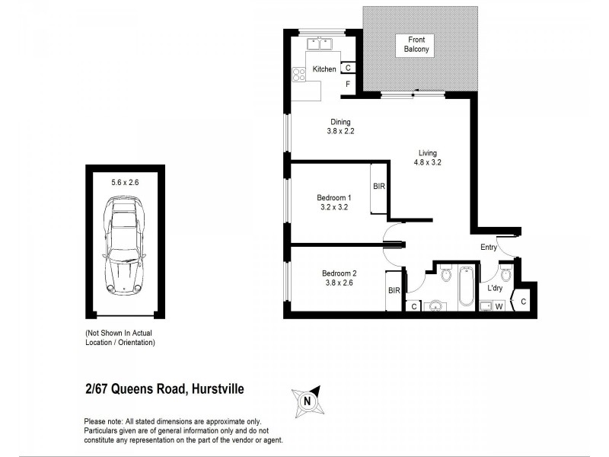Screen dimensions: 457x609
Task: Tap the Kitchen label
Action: pos(324,70)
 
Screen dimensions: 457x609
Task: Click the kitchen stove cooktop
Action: pos(298,74)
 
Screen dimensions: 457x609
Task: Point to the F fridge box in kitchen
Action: pos(347,84)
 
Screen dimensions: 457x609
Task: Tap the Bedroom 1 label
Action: pos(333,197)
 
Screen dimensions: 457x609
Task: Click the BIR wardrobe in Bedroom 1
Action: pos(379,187)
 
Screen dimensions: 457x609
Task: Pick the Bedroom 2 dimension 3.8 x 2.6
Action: pos(339,283)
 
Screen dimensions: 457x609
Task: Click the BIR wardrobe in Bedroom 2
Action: pos(394,290)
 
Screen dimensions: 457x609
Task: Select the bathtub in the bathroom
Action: pos(467,289)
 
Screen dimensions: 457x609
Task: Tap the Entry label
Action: pos(489,247)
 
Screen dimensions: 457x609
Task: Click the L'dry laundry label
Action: pos(496,289)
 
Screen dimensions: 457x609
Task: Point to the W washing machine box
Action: pos(499,306)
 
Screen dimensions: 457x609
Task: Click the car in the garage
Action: pos(124,243)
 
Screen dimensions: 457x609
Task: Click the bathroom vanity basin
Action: pos(435,306)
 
